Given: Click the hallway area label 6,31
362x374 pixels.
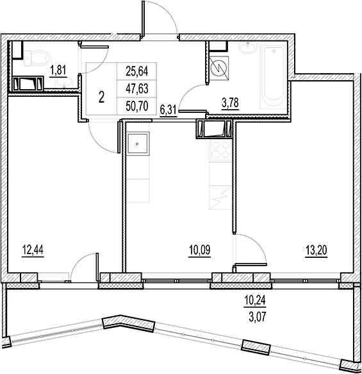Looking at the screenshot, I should click(x=168, y=110).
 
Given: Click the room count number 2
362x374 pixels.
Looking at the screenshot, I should click(x=102, y=98).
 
